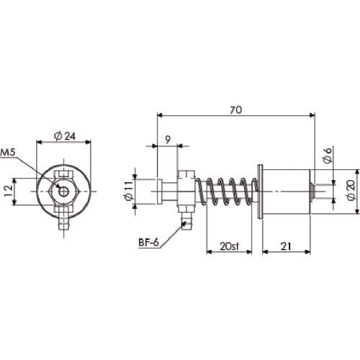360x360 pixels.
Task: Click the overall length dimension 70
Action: click(x=236, y=109)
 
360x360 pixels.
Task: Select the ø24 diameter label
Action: click(x=66, y=135)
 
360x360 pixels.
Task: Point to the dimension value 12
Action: click(x=6, y=191)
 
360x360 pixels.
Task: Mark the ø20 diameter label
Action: click(x=349, y=191)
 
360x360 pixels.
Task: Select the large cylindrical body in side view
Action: click(x=286, y=192)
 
